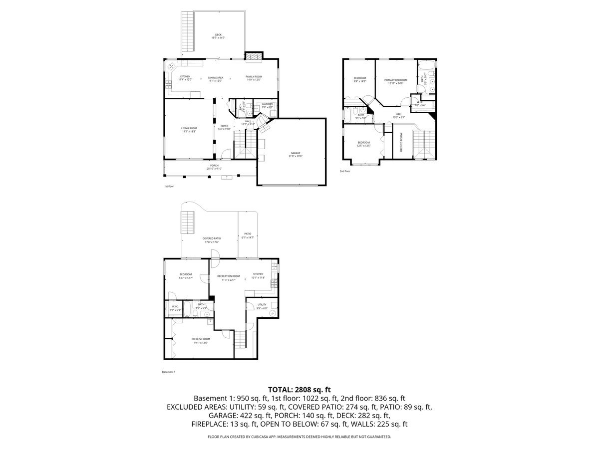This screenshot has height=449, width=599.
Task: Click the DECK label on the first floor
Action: pyautogui.click(x=218, y=35)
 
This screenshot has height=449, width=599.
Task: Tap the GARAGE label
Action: pyautogui.click(x=296, y=154)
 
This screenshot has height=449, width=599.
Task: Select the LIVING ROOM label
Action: pyautogui.click(x=189, y=129)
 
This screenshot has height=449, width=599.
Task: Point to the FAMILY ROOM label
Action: pyautogui.click(x=254, y=77)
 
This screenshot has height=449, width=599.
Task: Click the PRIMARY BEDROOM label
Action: pyautogui.click(x=395, y=80)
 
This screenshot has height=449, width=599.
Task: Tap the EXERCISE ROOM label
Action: pyautogui.click(x=200, y=339)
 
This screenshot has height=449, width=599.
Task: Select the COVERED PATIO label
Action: pyautogui.click(x=212, y=239)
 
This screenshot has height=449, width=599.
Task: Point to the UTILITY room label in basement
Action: pyautogui.click(x=262, y=305)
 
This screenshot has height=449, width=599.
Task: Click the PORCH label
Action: pyautogui.click(x=214, y=166)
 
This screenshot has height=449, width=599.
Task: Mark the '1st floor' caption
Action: pyautogui.click(x=169, y=186)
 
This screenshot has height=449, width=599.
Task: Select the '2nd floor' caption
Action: pyautogui.click(x=345, y=171)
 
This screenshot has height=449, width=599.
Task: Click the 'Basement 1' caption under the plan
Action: pyautogui.click(x=169, y=372)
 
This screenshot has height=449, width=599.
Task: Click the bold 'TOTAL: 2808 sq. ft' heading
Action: pyautogui.click(x=299, y=390)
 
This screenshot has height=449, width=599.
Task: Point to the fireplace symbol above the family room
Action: pyautogui.click(x=253, y=56)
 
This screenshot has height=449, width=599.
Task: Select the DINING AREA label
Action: pyautogui.click(x=216, y=78)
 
